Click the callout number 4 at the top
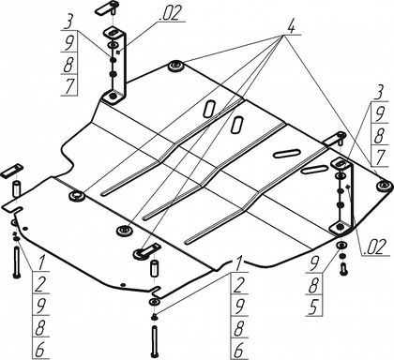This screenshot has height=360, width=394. pos(290,28)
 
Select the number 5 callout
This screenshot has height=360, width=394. pos(313,307)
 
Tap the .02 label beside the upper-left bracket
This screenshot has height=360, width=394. pos(171,14)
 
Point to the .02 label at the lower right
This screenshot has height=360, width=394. pos(373,248)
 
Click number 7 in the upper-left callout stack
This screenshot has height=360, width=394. pos(69,86)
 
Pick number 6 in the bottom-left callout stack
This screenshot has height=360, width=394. pos(39,351)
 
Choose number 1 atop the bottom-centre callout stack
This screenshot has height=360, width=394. pos(238,264)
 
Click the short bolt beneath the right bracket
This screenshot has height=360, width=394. pos(343,269)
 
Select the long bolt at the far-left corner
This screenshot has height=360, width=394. pos(17,262)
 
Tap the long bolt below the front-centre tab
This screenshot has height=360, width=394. pos(155,341)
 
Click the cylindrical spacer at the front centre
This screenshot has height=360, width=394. pos(155,268)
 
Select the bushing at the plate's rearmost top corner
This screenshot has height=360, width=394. pos(176,67)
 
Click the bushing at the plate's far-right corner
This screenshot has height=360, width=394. pos(384,187)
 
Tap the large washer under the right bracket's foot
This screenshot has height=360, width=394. pos(342,245)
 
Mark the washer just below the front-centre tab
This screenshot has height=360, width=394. pos(155,302)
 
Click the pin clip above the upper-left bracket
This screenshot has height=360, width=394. pos(106,7)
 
